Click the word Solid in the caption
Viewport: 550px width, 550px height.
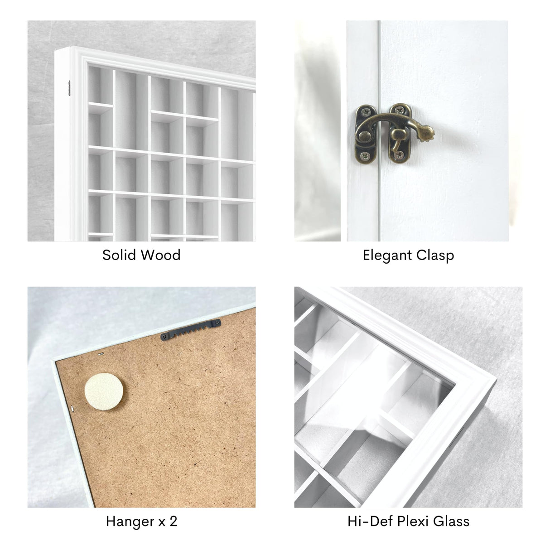pos(119,255)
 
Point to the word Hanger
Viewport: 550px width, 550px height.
pos(130,521)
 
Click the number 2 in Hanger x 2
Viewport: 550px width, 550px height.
pos(173,521)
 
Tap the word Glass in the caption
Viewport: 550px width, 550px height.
pos(451,521)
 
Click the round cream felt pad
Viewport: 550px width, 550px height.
pos(104,392)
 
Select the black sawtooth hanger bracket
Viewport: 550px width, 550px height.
pos(191,330)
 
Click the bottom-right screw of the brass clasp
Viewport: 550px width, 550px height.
pos(399,155)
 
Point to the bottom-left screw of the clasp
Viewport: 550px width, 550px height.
pos(365,156)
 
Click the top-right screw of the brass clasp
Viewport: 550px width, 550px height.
pos(400,109)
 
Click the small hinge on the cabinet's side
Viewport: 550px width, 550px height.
pos(69,88)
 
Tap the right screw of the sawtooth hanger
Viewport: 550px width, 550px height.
pos(217,323)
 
